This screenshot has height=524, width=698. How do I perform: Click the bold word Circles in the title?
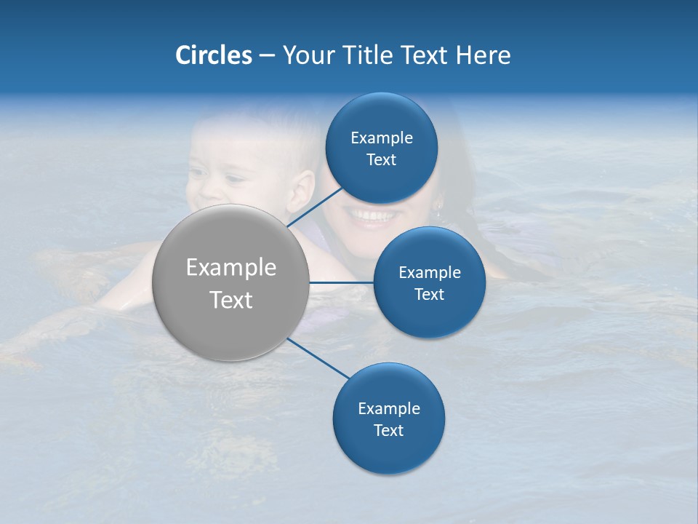coord(213,55)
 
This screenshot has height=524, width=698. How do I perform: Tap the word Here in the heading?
coord(483,55)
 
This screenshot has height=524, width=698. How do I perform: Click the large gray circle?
coord(231,282)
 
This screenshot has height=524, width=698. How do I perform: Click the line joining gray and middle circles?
coord(342,282)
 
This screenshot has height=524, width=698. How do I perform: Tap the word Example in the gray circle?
coord(231,267)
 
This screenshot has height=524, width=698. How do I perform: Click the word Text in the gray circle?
coord(231,299)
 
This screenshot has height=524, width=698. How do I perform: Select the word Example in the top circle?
coord(382,138)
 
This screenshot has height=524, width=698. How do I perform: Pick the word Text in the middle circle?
coord(430,294)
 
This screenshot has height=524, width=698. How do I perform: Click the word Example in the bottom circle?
coord(389,408)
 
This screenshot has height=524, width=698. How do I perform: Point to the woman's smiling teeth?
coord(371,215)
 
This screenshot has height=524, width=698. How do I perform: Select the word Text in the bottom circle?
coord(389,430)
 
